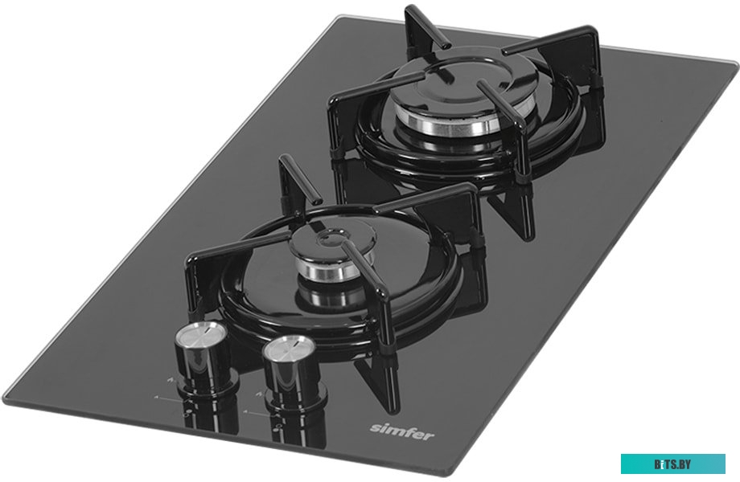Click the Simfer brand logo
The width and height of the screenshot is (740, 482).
click(x=401, y=431)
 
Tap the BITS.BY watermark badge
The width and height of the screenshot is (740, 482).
click(x=672, y=464)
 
